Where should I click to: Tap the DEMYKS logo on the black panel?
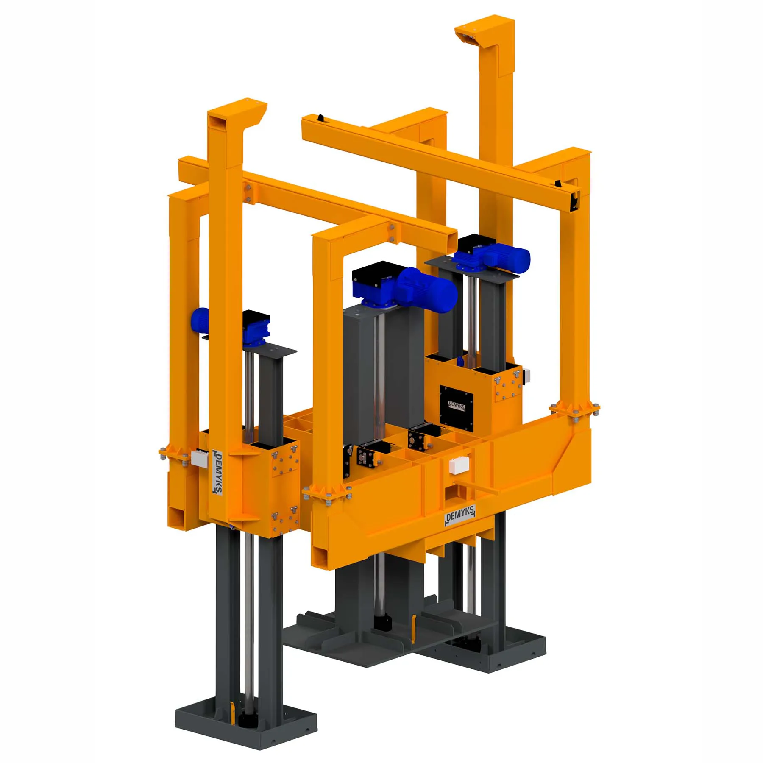457,405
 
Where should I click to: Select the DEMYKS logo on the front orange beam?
460,515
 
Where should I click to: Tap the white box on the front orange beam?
459,465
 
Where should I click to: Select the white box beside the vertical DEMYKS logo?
199,458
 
